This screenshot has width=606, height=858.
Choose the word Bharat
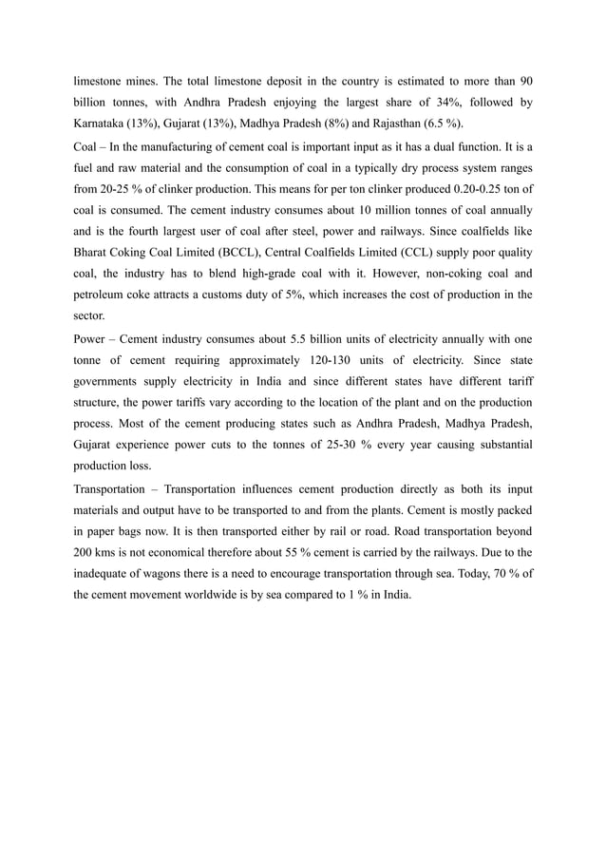pos(92,253)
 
